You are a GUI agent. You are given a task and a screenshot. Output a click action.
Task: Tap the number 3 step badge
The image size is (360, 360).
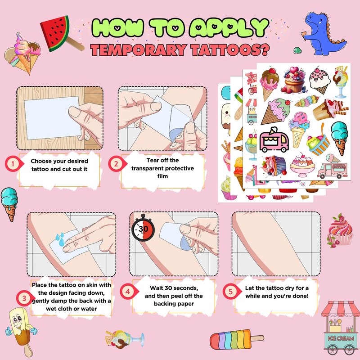tap(25, 298)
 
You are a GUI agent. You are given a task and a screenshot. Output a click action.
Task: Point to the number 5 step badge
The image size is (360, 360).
tap(231, 291)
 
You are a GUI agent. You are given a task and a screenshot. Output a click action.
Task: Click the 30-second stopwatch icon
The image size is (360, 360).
tap(143, 228)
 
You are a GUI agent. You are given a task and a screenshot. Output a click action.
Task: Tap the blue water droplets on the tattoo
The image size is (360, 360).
tap(60, 239)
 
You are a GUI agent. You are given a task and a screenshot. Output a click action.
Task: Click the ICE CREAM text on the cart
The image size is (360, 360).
tap(341, 338)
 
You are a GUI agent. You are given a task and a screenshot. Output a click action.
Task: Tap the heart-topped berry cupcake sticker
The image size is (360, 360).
tap(294, 80)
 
